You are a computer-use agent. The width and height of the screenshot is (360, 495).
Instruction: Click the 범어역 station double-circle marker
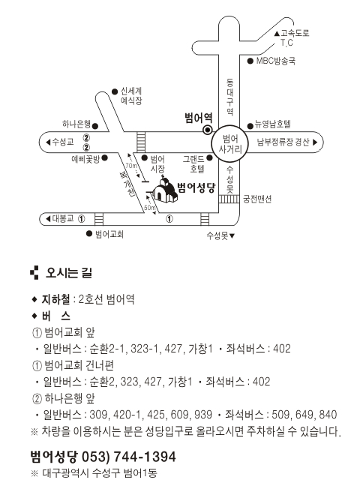click(x=208, y=130)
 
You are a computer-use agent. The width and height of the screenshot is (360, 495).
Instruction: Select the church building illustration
click(x=164, y=190)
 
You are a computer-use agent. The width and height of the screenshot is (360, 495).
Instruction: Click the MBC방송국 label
click(x=276, y=61)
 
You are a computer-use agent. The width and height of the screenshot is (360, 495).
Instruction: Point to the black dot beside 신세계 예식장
click(x=115, y=91)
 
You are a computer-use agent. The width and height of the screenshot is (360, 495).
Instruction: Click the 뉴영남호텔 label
click(x=273, y=124)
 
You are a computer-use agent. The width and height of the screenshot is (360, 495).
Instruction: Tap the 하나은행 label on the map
click(x=76, y=124)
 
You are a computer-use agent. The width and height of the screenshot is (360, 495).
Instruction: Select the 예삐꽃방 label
click(x=85, y=158)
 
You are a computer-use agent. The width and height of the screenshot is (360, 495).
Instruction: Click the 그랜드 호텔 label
click(x=193, y=163)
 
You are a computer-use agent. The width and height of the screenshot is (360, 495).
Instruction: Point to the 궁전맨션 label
click(x=257, y=199)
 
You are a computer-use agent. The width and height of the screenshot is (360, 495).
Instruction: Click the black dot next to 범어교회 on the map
click(x=89, y=233)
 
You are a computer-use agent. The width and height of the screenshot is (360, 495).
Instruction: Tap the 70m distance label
click(x=131, y=166)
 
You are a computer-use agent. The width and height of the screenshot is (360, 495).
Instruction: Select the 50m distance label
click(x=150, y=208)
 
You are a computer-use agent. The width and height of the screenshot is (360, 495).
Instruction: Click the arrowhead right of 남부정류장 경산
click(x=314, y=142)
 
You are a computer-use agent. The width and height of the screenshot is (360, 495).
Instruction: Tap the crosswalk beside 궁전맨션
click(x=229, y=199)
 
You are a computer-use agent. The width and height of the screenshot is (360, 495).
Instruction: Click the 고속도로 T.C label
click(x=292, y=37)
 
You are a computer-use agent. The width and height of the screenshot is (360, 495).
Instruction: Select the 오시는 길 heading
click(x=69, y=272)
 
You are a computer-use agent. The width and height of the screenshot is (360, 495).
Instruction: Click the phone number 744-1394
click(x=144, y=457)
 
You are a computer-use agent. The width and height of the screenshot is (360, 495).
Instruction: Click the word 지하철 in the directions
click(x=55, y=299)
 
